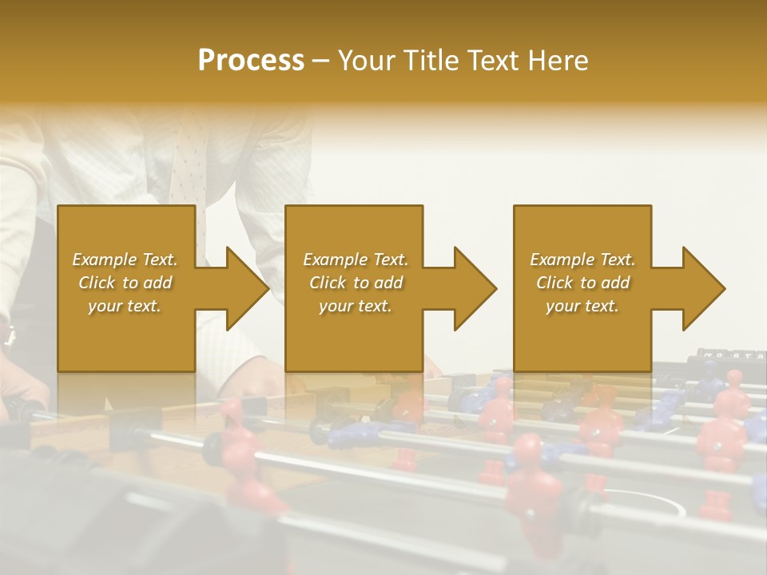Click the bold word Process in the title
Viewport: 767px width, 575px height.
coord(251,61)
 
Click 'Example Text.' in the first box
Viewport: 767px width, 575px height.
coord(125,260)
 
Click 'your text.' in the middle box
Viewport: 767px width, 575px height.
coord(355,306)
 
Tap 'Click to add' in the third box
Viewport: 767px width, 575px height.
coord(582,283)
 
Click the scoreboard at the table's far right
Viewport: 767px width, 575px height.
coord(731,354)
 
